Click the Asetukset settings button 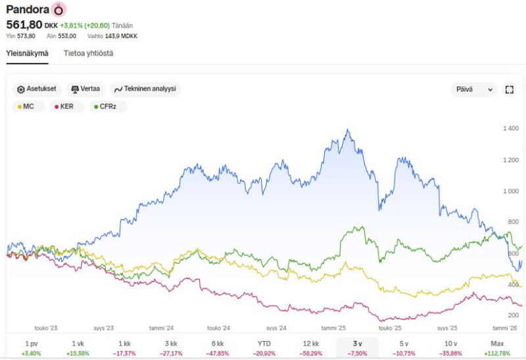(x=37, y=89)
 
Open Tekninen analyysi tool (x=145, y=89)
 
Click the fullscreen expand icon (x=509, y=89)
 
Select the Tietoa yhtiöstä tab (x=88, y=53)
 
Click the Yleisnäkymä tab (x=28, y=53)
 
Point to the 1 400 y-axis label (x=510, y=128)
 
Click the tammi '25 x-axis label (x=333, y=327)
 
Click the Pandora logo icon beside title (x=59, y=10)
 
